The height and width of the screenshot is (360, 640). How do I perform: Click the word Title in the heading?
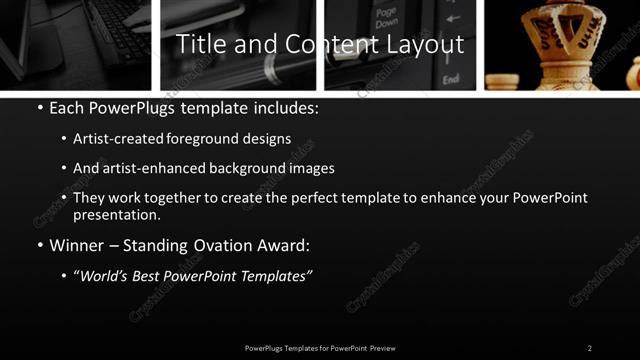click(x=197, y=45)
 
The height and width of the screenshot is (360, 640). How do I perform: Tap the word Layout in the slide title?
click(x=427, y=45)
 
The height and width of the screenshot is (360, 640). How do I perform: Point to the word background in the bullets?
click(x=243, y=168)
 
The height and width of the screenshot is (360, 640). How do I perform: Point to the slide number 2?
click(x=590, y=348)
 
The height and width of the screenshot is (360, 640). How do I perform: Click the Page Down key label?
click(x=386, y=19)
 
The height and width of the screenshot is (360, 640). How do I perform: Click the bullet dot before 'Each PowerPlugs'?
click(x=39, y=108)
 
